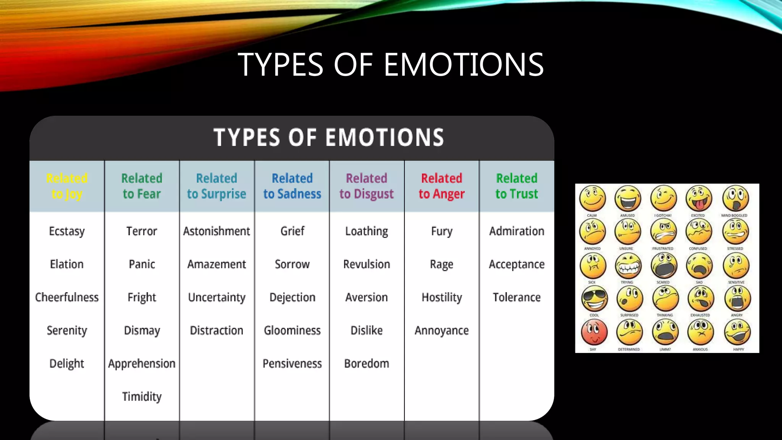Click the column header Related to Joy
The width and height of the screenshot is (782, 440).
[67, 186]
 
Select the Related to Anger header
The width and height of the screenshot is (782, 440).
[441, 186]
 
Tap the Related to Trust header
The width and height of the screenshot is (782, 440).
[517, 186]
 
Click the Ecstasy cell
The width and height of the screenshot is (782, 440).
[67, 231]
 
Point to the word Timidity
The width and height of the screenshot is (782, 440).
[142, 396]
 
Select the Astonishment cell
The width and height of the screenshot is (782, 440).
[217, 231]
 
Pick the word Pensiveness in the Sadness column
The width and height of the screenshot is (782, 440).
[292, 363]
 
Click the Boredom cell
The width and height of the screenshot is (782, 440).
[367, 363]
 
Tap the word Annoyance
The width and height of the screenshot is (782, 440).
[441, 330]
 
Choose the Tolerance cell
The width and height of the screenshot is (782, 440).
[517, 297]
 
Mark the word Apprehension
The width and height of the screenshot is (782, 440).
[142, 363]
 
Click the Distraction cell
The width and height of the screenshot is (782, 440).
[217, 330]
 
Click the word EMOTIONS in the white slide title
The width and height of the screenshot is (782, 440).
[464, 65]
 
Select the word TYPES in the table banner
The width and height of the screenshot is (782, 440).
[247, 137]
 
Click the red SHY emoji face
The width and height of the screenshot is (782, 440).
[594, 332]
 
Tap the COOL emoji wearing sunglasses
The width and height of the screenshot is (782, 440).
[594, 299]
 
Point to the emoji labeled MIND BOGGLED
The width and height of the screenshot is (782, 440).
[735, 198]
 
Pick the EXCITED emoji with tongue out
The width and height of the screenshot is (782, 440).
[699, 198]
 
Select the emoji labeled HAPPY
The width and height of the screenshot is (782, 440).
[737, 332]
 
